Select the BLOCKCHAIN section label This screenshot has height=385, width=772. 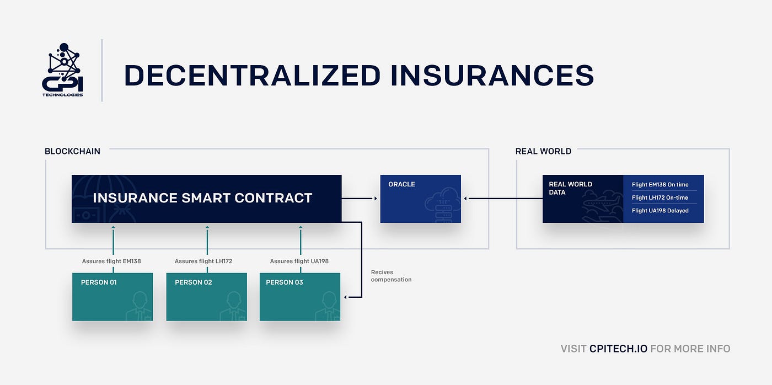coord(72,151)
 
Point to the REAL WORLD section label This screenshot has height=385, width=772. coord(543,151)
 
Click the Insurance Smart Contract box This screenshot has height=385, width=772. coord(206,199)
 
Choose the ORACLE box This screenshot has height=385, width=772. coord(420,199)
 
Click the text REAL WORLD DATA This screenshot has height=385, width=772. coord(570,188)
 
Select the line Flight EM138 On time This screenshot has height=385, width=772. coord(660,185)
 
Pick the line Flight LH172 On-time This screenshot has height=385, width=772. coord(660,197)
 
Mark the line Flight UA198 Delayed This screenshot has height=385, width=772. coord(660,211)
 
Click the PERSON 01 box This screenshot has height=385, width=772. coord(112,297)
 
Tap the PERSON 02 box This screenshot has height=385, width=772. coord(207,297)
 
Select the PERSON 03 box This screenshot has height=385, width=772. coord(300,297)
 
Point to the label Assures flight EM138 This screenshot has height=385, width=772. coord(111,261)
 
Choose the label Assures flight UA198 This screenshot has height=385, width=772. coord(299,261)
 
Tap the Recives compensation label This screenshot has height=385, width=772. coord(391,276)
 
